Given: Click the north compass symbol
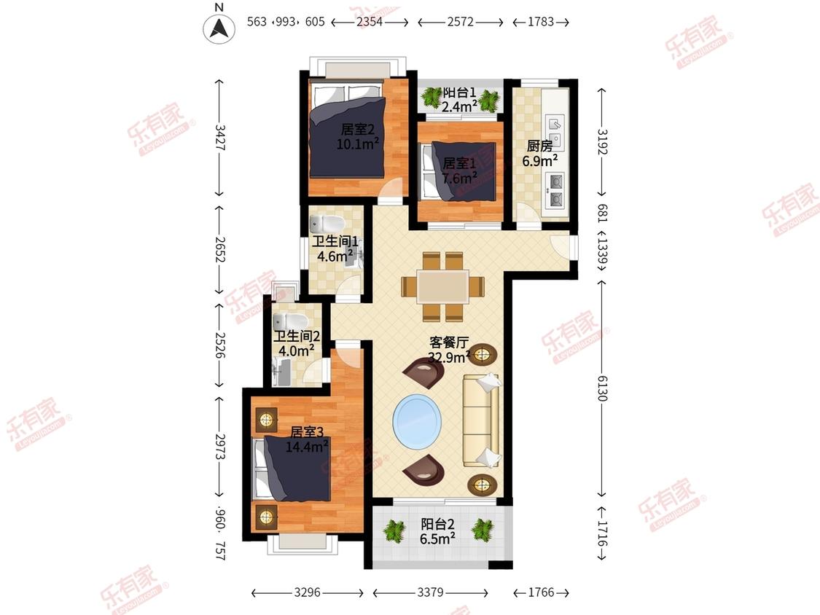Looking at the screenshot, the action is click(219, 28).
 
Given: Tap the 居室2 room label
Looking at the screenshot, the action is click(358, 129).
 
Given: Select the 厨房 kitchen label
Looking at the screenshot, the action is click(539, 146).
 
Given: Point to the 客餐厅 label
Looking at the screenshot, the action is click(449, 342).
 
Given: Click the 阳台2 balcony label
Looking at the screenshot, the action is click(437, 524).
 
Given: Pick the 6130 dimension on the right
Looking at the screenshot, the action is click(602, 388).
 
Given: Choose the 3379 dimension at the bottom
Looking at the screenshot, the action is click(430, 592).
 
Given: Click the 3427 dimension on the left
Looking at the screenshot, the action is click(219, 138).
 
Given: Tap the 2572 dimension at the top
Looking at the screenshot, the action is click(460, 21).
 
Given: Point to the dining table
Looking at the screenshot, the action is click(442, 286).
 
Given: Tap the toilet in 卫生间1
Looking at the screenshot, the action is click(326, 223).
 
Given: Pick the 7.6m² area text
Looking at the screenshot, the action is click(459, 179).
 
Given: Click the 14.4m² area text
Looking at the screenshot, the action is click(306, 447).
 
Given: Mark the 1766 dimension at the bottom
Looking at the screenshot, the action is click(541, 592).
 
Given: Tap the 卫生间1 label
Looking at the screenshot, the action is click(335, 242).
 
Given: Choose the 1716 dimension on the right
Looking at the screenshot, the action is click(602, 533).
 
